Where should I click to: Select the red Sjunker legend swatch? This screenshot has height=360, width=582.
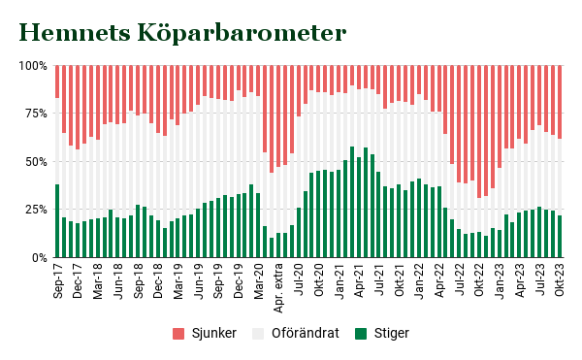[x=178, y=334]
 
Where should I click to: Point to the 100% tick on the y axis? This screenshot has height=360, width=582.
[x=32, y=66]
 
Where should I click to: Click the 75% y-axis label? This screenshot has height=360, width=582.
[x=34, y=114]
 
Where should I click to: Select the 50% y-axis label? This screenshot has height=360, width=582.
[x=34, y=161]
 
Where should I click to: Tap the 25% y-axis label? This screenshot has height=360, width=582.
[x=34, y=210]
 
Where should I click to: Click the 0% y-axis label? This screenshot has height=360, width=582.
[x=37, y=257]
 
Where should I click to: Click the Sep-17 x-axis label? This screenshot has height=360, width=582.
[x=57, y=279]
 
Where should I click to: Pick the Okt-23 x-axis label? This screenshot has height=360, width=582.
[x=561, y=279]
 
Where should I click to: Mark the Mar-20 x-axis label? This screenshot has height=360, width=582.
[x=258, y=279]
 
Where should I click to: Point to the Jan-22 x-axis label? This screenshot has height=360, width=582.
[x=419, y=279]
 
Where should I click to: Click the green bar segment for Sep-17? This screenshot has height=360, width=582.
[x=57, y=221]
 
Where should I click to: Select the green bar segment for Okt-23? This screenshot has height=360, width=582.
[x=561, y=237]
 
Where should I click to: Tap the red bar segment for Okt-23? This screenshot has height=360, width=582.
[x=561, y=102]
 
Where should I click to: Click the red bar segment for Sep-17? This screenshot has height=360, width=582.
[x=57, y=82]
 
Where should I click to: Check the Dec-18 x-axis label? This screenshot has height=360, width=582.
[x=158, y=279]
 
